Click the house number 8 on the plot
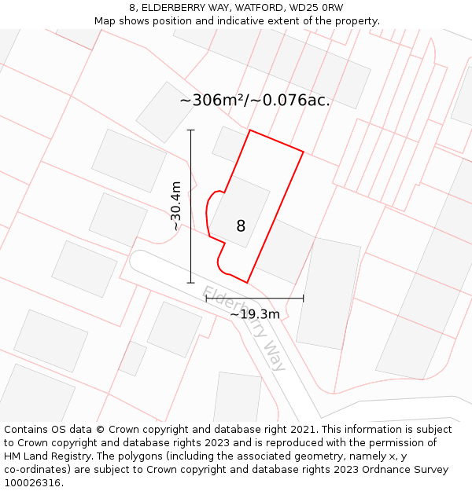point(241,226)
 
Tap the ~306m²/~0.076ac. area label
point(255,101)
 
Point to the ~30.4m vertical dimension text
point(176,206)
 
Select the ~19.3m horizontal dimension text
point(255,314)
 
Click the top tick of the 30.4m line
point(190,130)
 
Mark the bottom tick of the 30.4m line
point(190,282)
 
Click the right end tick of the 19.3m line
point(303,299)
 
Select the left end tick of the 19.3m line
point(206,299)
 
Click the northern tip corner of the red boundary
point(250,130)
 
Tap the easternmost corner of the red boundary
point(304,151)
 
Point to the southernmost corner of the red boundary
point(247,282)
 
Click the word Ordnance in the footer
point(397,470)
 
